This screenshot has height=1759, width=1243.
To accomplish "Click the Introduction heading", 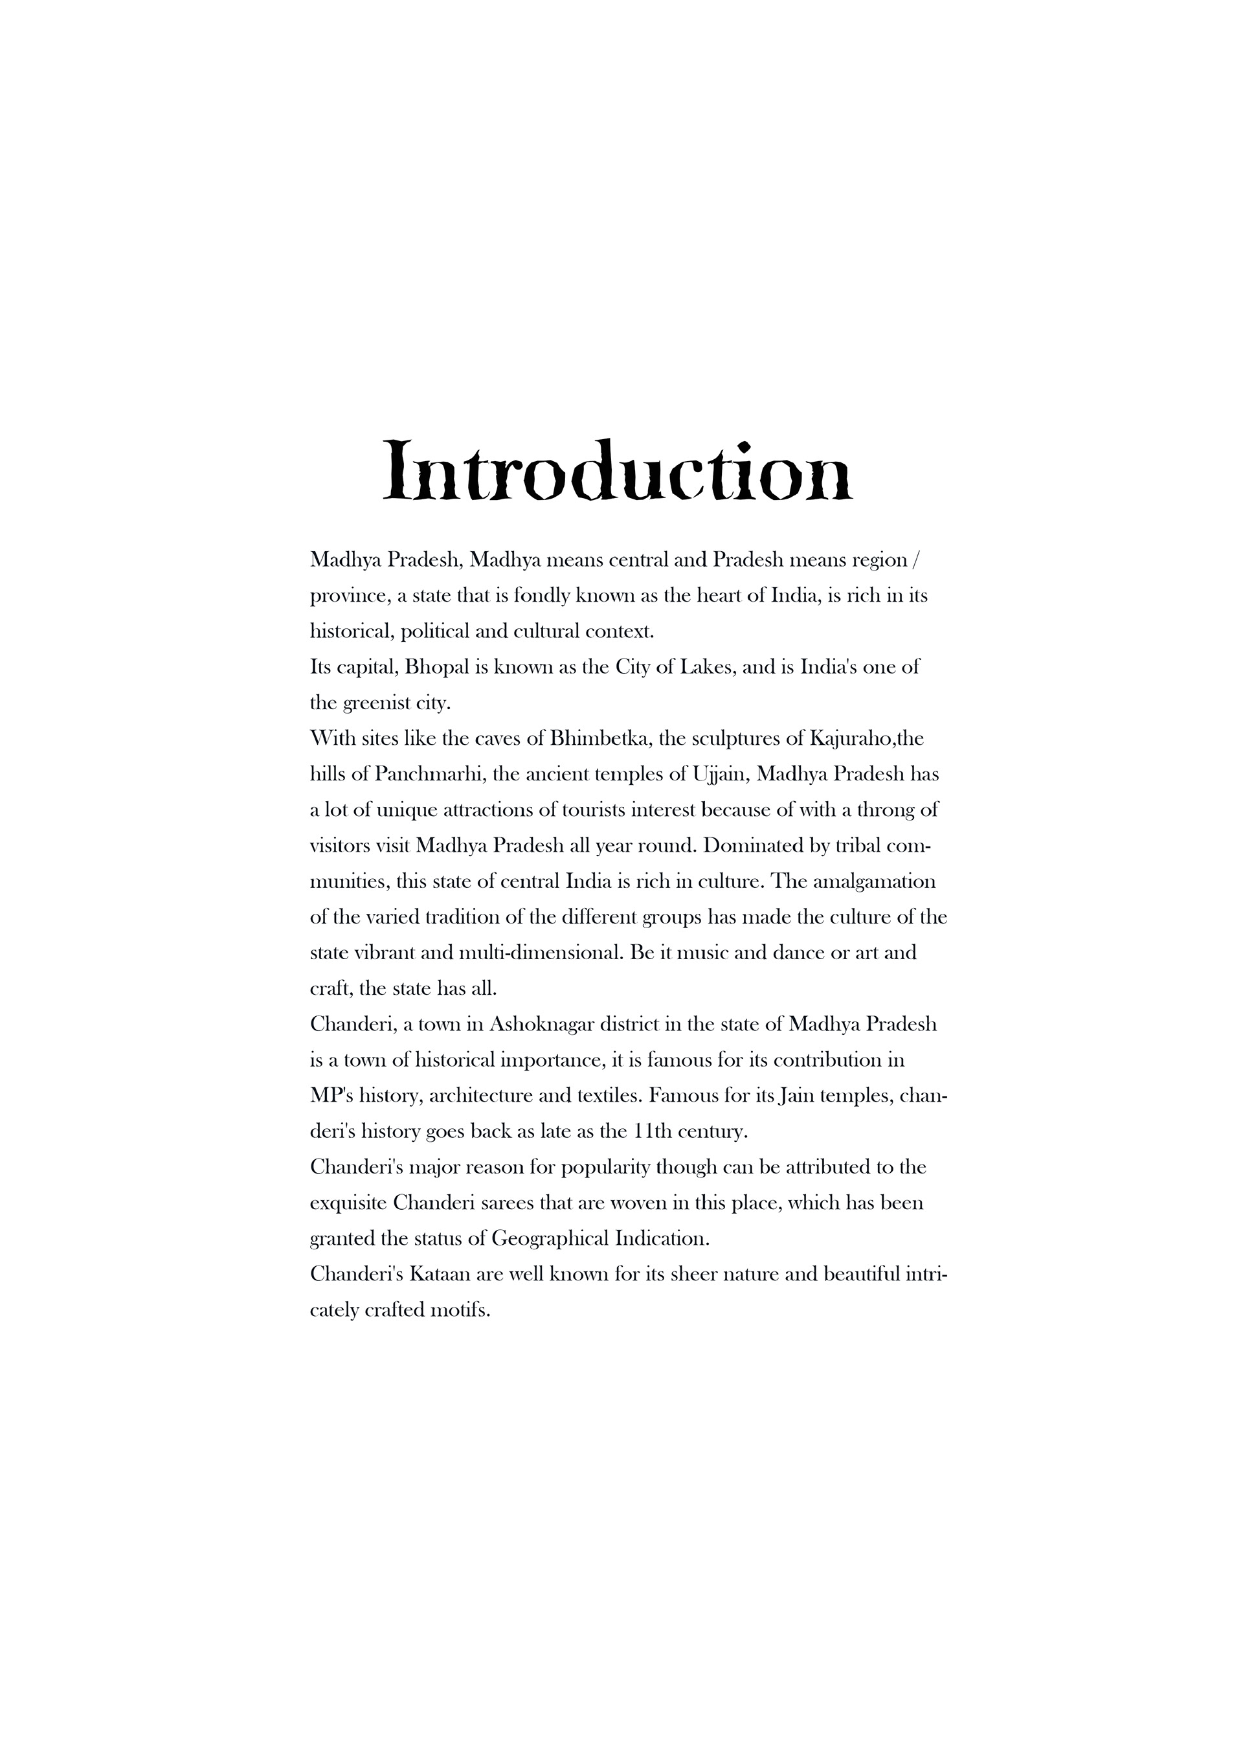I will point(616,470).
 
